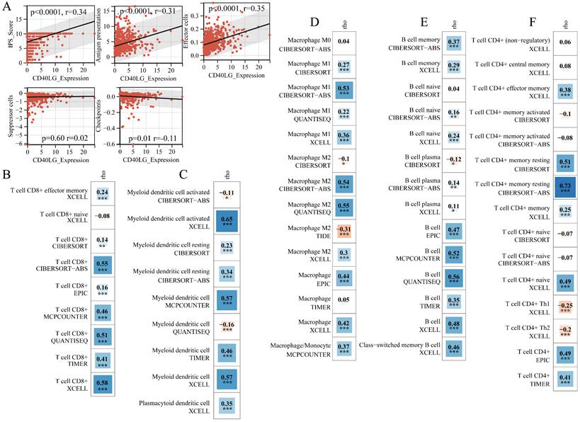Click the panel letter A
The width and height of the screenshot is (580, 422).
[6, 7]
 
